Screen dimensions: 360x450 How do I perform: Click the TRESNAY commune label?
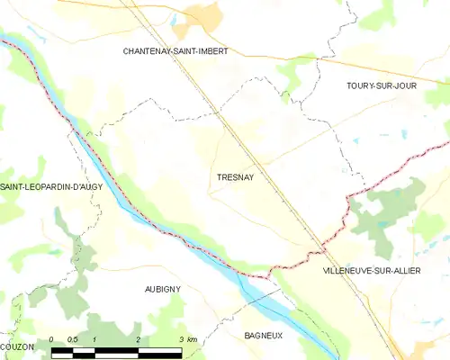pos(236,177)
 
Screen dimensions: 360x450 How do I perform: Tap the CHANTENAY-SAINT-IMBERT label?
pos(175,51)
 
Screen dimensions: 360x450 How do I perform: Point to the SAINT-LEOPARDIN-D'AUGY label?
pos(51,185)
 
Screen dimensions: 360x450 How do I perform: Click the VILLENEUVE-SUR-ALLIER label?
pos(370,270)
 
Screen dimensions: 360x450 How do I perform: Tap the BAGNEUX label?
pos(264,335)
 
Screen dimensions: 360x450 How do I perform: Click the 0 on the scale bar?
pos(52,339)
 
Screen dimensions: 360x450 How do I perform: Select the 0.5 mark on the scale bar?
pos(73,339)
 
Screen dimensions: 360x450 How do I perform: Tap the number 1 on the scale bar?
pos(94,339)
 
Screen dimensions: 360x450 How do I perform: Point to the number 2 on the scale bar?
pos(138,339)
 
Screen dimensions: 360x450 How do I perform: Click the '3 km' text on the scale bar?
pos(187,339)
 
